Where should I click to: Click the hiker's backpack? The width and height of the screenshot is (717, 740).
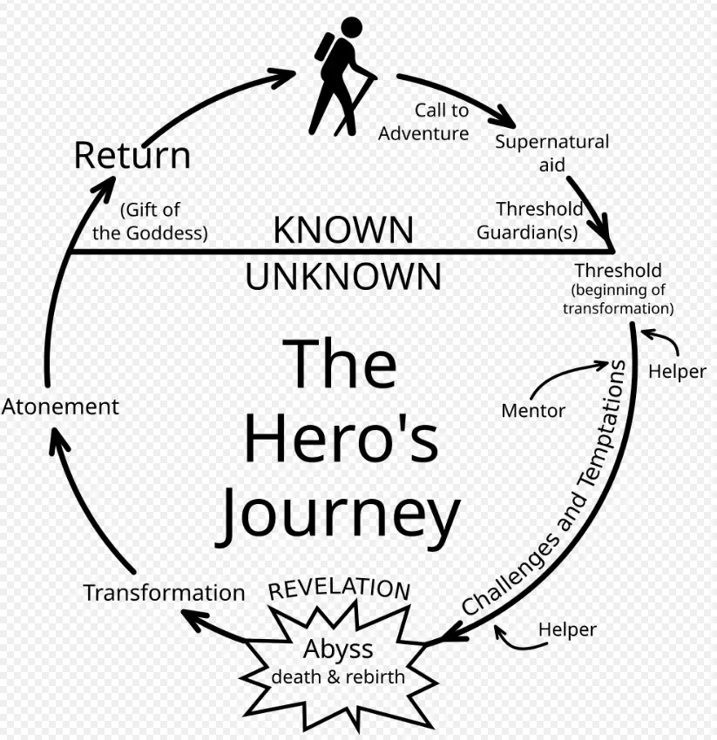point(324,47)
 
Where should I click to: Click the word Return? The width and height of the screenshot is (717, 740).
point(132,155)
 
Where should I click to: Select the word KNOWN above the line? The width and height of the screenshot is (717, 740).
point(343,230)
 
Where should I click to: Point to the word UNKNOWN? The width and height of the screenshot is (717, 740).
point(343,277)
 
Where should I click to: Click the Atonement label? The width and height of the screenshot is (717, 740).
point(60,407)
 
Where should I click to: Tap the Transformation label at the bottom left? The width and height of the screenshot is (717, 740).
point(164,593)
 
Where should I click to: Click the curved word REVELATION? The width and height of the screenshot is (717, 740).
point(339,589)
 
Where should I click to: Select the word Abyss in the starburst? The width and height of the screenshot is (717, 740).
point(338,649)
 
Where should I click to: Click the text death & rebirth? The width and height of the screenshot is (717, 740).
point(338,676)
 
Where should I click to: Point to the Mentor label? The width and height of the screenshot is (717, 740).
point(533,411)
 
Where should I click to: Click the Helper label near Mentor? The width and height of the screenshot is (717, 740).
point(677,372)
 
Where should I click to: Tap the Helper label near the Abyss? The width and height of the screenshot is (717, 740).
point(567,630)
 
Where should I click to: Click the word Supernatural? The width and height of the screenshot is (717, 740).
point(552,142)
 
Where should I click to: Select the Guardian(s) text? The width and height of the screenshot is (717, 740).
point(527,232)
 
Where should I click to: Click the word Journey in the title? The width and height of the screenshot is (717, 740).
point(338,516)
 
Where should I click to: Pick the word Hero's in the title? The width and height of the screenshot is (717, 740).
point(341,439)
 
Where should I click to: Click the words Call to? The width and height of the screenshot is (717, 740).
point(442,111)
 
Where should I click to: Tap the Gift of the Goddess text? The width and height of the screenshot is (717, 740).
point(150,221)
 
